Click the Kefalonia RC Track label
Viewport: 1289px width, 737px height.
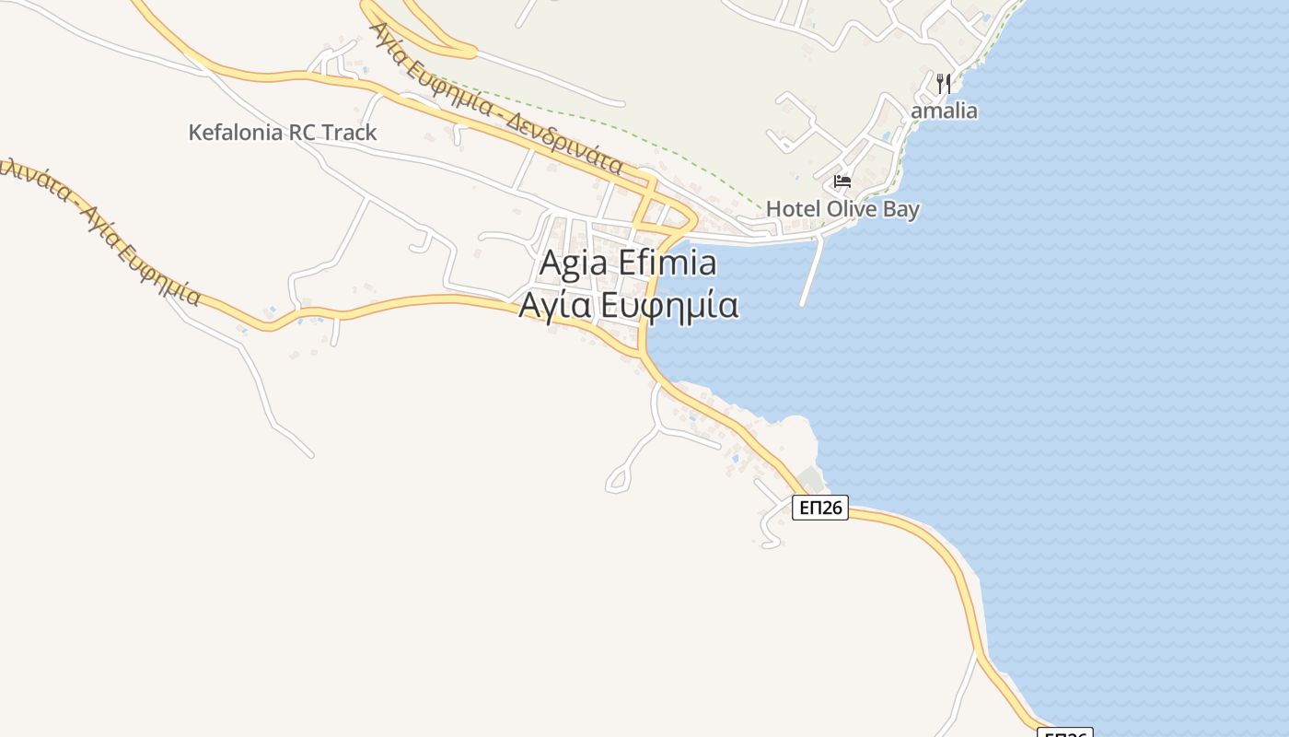click(x=282, y=133)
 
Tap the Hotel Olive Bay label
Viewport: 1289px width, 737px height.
click(x=842, y=209)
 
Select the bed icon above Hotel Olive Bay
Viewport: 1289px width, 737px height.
click(x=842, y=181)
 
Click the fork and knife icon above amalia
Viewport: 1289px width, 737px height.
click(x=943, y=84)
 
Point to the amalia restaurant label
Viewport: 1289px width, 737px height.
click(x=944, y=111)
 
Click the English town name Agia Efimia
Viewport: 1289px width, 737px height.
click(x=627, y=263)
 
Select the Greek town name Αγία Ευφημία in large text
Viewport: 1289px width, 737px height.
click(x=628, y=305)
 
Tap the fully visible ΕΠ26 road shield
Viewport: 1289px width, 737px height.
click(x=819, y=508)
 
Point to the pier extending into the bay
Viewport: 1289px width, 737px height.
click(x=811, y=272)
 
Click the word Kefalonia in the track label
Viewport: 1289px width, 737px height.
click(x=236, y=133)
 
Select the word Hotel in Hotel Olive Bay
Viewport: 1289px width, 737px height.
click(x=793, y=209)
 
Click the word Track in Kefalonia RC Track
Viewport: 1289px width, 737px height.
click(x=349, y=133)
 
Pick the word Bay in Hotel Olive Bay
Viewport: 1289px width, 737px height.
click(x=901, y=209)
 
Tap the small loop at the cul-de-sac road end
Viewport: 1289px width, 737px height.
click(x=618, y=478)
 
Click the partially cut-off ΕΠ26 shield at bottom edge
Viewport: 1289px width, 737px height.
click(x=1064, y=732)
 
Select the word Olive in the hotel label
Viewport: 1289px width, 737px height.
click(x=852, y=209)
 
